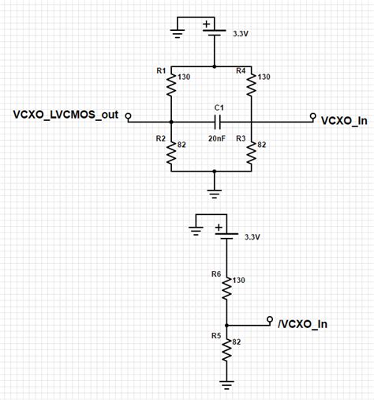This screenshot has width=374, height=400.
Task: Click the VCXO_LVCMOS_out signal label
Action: (x=65, y=115)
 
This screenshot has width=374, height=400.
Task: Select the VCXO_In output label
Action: (x=344, y=120)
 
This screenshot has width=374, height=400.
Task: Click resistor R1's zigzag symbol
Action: (x=171, y=85)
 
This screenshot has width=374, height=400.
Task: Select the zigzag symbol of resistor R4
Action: (x=251, y=85)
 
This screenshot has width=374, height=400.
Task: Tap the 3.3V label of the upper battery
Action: (x=241, y=34)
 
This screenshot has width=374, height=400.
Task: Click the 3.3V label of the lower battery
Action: (x=252, y=236)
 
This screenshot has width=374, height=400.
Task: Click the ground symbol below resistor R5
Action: (x=226, y=387)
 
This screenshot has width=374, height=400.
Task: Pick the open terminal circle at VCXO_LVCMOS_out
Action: (x=129, y=121)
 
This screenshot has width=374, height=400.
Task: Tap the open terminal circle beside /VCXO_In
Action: (x=270, y=313)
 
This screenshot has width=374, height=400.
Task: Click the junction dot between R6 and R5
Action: (x=226, y=324)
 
